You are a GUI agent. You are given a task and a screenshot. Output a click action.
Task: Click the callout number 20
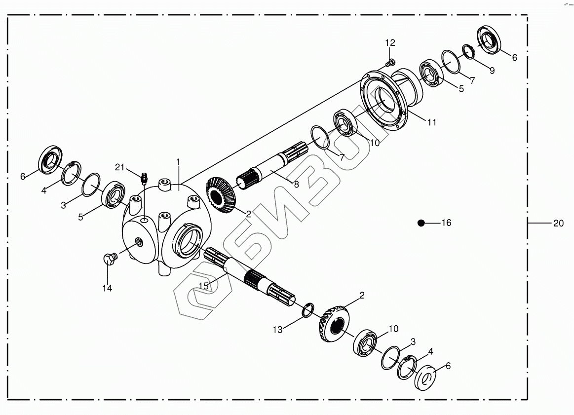[x=558, y=224]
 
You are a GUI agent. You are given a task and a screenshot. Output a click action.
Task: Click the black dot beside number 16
[x=421, y=223]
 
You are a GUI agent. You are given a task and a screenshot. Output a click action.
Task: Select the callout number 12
[x=390, y=42]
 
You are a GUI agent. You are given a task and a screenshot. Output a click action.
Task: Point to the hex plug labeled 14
[x=109, y=259]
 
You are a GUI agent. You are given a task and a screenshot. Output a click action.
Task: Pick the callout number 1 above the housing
[x=178, y=162]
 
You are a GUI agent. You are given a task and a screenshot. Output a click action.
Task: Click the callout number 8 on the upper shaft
[x=296, y=185]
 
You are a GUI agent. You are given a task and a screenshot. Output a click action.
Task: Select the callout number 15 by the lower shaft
[x=204, y=285]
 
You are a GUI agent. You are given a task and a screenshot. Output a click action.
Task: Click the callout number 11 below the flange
[x=432, y=123]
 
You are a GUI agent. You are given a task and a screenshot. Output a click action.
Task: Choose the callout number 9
[x=492, y=70]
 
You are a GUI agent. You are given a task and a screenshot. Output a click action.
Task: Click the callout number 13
[x=278, y=330]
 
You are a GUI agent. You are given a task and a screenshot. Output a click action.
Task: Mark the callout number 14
[x=107, y=288]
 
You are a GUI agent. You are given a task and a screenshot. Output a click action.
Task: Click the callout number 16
[x=446, y=223]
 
